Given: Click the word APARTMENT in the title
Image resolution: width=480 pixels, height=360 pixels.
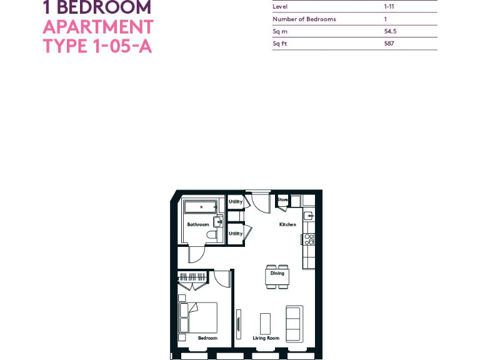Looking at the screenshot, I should [x=98, y=27].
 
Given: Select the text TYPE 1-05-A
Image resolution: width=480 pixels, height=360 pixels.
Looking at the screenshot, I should [x=97, y=46].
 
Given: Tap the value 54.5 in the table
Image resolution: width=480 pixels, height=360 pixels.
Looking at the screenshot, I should [x=389, y=31].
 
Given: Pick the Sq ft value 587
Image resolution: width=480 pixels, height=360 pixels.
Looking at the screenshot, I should [x=389, y=44].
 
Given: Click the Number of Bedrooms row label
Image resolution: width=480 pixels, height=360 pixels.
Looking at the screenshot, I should [x=304, y=19].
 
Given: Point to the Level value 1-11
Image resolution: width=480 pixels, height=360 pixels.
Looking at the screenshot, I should [x=389, y=7].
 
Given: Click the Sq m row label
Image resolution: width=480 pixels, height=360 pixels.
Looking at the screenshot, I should [x=279, y=31].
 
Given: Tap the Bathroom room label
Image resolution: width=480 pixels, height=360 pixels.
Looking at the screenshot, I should [x=197, y=224].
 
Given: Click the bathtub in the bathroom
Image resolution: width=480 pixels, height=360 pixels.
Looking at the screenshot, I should [x=201, y=206].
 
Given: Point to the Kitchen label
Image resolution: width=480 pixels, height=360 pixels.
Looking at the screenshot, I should [x=287, y=224].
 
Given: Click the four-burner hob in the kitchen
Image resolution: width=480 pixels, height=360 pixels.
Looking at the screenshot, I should [x=308, y=239].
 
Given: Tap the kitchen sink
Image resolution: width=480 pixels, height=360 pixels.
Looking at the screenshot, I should [x=308, y=216].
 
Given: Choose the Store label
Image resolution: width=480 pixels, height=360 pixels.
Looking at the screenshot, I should [x=282, y=200].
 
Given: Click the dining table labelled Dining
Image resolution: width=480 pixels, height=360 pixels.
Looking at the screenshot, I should [x=277, y=276].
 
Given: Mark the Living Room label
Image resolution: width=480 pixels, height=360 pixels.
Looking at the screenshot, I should [x=266, y=338].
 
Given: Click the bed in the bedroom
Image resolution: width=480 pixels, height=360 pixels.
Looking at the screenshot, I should [x=199, y=317].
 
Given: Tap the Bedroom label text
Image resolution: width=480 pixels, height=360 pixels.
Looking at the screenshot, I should [x=207, y=338].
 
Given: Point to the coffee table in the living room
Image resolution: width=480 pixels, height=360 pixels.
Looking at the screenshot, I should [x=265, y=323].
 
